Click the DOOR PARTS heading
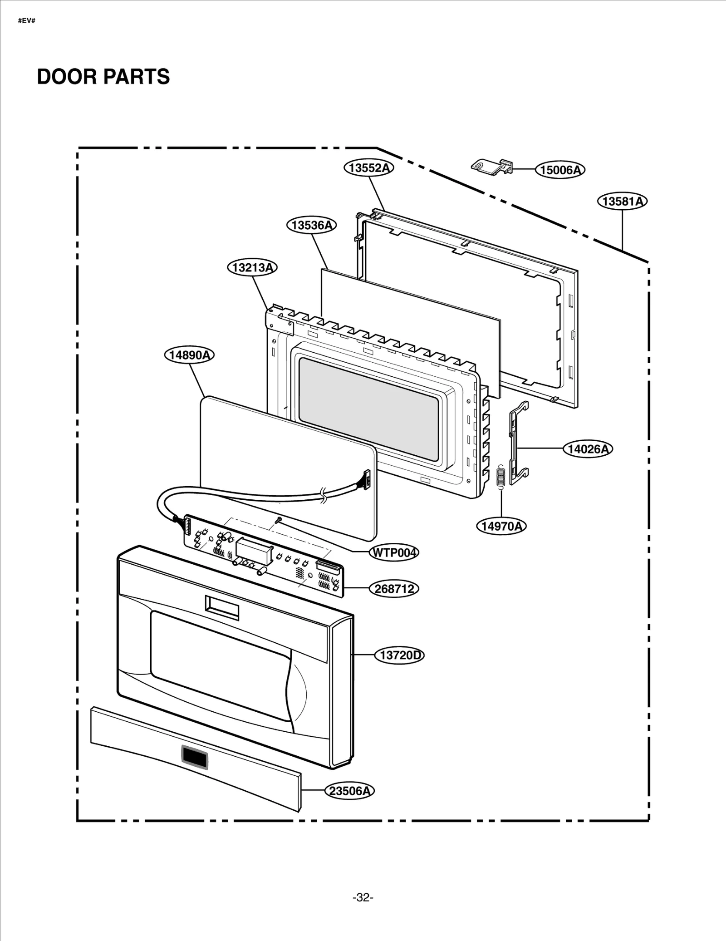[x=103, y=76]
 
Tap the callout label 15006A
[x=560, y=170]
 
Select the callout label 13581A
[x=622, y=201]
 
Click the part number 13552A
[x=368, y=168]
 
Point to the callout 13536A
[x=311, y=225]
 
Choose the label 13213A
[x=252, y=267]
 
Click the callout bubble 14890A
[x=189, y=355]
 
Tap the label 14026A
[x=588, y=449]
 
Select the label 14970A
[x=501, y=526]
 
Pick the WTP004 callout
[x=394, y=552]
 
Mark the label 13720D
[x=399, y=655]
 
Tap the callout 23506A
[x=349, y=791]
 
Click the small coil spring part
[x=501, y=477]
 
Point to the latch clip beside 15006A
[x=491, y=167]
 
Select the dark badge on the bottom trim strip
[x=195, y=757]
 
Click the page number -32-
[x=363, y=897]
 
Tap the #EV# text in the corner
[x=26, y=21]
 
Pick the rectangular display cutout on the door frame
[x=222, y=607]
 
